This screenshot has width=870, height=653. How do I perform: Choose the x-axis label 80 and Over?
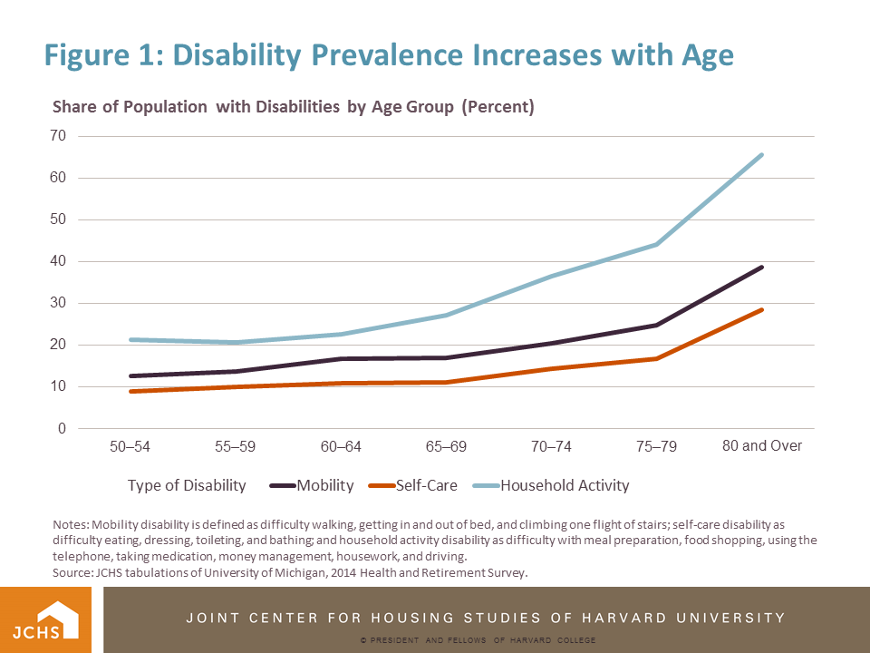coord(762,446)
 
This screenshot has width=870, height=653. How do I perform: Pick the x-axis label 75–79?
coord(657,447)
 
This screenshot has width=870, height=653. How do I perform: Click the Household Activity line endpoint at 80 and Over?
coord(762,155)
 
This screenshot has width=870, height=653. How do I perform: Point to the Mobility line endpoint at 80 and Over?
coord(762,268)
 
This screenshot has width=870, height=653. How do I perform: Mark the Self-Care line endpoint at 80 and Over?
coord(762,310)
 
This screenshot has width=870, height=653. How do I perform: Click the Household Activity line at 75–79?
coord(657,244)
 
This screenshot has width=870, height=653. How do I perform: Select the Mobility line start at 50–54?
coord(131,375)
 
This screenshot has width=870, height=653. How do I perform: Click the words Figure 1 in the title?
coord(101,55)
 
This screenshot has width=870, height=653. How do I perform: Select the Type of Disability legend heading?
coord(187,485)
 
